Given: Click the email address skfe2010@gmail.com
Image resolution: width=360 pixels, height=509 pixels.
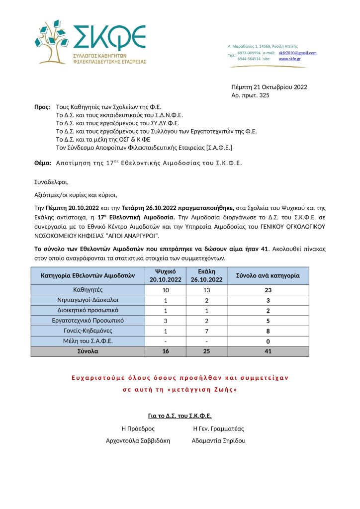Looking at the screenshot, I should (x=297, y=52).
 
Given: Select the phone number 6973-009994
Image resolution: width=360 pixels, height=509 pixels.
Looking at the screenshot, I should (x=249, y=52).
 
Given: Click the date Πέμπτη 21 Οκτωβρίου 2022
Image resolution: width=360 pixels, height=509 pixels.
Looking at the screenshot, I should (x=269, y=87).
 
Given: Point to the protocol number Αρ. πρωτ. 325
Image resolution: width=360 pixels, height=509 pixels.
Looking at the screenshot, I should (x=250, y=95).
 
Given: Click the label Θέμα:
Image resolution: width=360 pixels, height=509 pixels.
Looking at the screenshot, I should (x=43, y=163).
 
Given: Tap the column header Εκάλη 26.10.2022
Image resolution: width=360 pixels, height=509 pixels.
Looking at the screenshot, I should (x=206, y=275).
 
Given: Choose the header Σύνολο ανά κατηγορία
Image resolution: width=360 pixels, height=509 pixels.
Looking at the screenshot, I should (x=268, y=275).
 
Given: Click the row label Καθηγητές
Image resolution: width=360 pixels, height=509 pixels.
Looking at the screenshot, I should (x=88, y=289).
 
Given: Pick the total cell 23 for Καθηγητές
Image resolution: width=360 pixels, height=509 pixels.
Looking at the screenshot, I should (x=268, y=289).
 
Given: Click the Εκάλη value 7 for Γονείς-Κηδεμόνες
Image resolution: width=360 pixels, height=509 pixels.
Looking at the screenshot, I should (x=206, y=331).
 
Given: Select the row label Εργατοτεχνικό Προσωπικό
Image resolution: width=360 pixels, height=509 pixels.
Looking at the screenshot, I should (x=88, y=321).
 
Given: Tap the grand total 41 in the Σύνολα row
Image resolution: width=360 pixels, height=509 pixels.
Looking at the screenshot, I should (x=268, y=351).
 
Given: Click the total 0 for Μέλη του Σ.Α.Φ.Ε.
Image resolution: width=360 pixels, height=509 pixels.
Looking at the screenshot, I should (x=268, y=341).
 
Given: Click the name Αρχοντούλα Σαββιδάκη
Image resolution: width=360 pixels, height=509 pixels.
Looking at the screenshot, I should (x=138, y=440).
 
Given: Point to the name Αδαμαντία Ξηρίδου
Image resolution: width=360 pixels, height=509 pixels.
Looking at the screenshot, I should (x=218, y=440).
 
